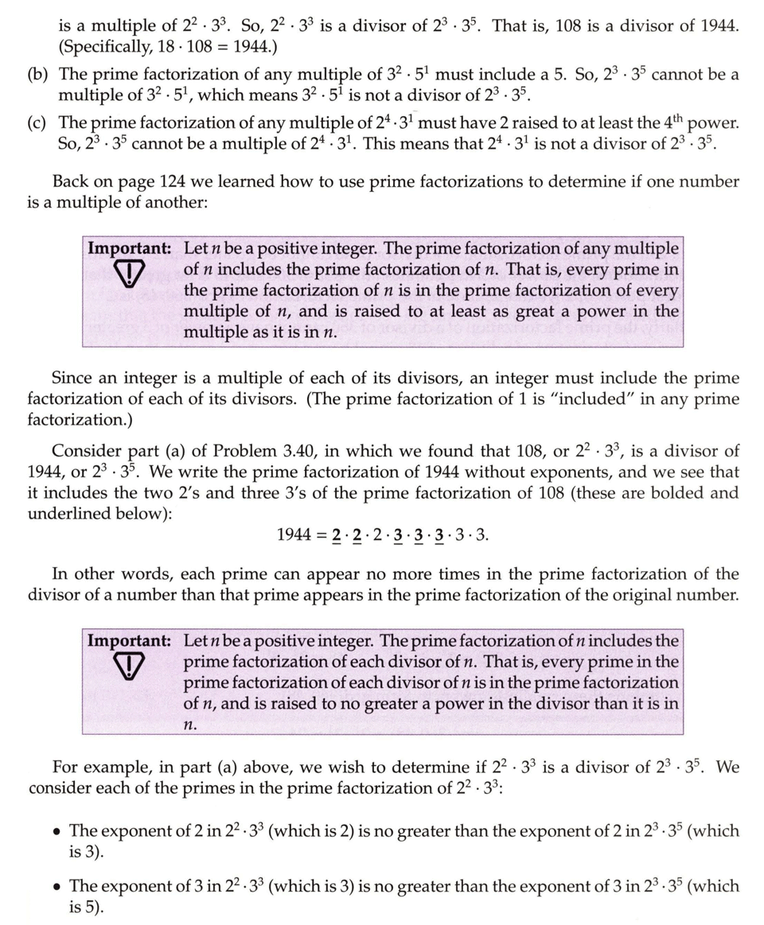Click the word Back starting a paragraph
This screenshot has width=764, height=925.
72,182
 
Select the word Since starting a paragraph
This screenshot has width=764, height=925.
73,379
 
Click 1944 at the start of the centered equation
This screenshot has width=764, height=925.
294,535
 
